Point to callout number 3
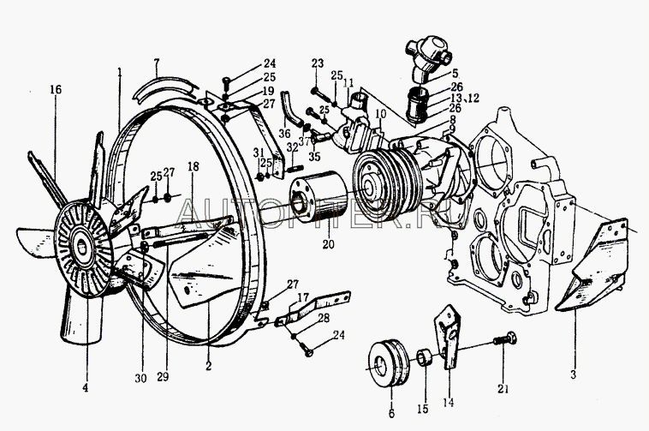(x=574, y=373)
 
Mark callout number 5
(x=455, y=73)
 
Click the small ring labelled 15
(x=423, y=356)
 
